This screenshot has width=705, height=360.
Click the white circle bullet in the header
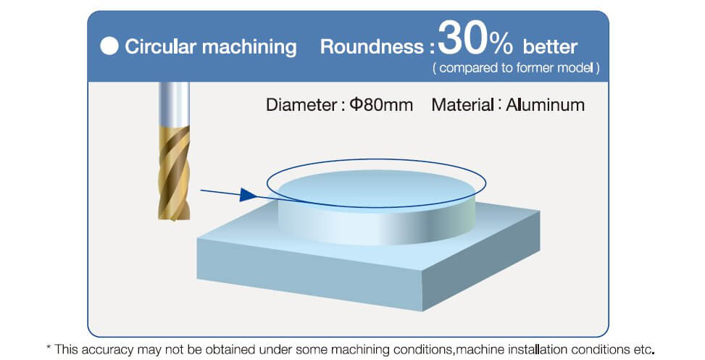coord(109,46)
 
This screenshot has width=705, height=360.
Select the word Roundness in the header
coord(372,47)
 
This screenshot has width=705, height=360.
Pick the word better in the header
coord(551,47)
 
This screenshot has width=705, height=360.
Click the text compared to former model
coord(516,68)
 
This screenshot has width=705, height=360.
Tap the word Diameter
coord(301,105)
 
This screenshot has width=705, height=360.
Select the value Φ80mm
coord(381,105)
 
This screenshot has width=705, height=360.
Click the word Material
coord(462,105)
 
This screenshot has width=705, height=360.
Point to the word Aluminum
coord(546,105)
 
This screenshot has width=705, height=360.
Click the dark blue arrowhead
coord(249,195)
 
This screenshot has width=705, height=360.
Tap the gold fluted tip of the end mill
coord(174,173)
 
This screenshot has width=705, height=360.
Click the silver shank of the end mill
coord(174,104)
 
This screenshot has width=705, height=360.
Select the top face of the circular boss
coord(377,188)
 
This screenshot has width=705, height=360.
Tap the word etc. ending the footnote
coord(643,349)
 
